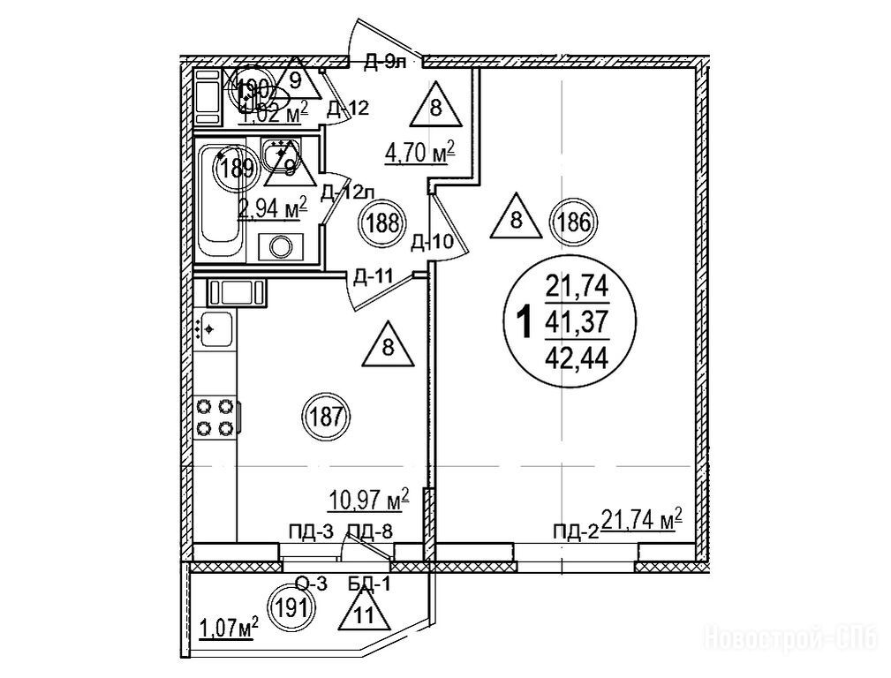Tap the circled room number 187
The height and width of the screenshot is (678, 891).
(327, 414)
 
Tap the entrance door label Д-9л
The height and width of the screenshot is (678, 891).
(386, 61)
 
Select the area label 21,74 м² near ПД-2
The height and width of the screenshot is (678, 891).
(641, 520)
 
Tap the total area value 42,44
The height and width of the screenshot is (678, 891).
(578, 358)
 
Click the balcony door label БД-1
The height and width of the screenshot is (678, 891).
(365, 584)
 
